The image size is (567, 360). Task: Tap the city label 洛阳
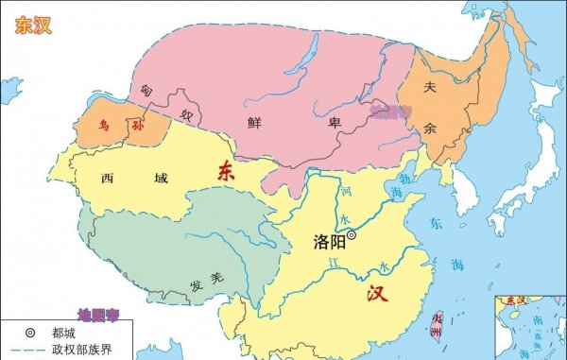[326, 241]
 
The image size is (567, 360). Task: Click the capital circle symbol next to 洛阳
[352, 235]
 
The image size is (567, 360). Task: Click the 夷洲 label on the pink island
[436, 325]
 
